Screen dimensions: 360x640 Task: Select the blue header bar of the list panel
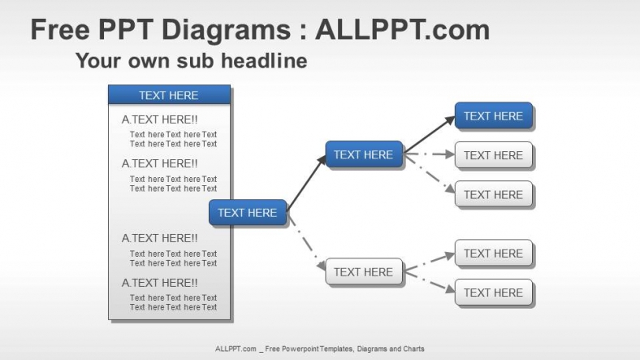coord(169,95)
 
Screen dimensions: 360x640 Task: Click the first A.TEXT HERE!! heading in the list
coord(159,119)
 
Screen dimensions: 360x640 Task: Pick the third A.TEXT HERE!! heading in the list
coord(159,238)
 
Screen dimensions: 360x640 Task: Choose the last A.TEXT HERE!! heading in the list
coord(159,283)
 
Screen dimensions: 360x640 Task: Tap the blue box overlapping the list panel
coord(248,213)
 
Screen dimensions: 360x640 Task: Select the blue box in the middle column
coord(363,154)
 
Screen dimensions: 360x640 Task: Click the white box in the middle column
coord(363,272)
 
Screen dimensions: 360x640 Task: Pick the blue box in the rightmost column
coord(493,116)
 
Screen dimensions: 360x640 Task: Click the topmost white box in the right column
coord(493,155)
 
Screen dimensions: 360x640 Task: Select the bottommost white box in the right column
coord(493,293)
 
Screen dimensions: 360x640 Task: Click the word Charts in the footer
coord(411,349)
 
